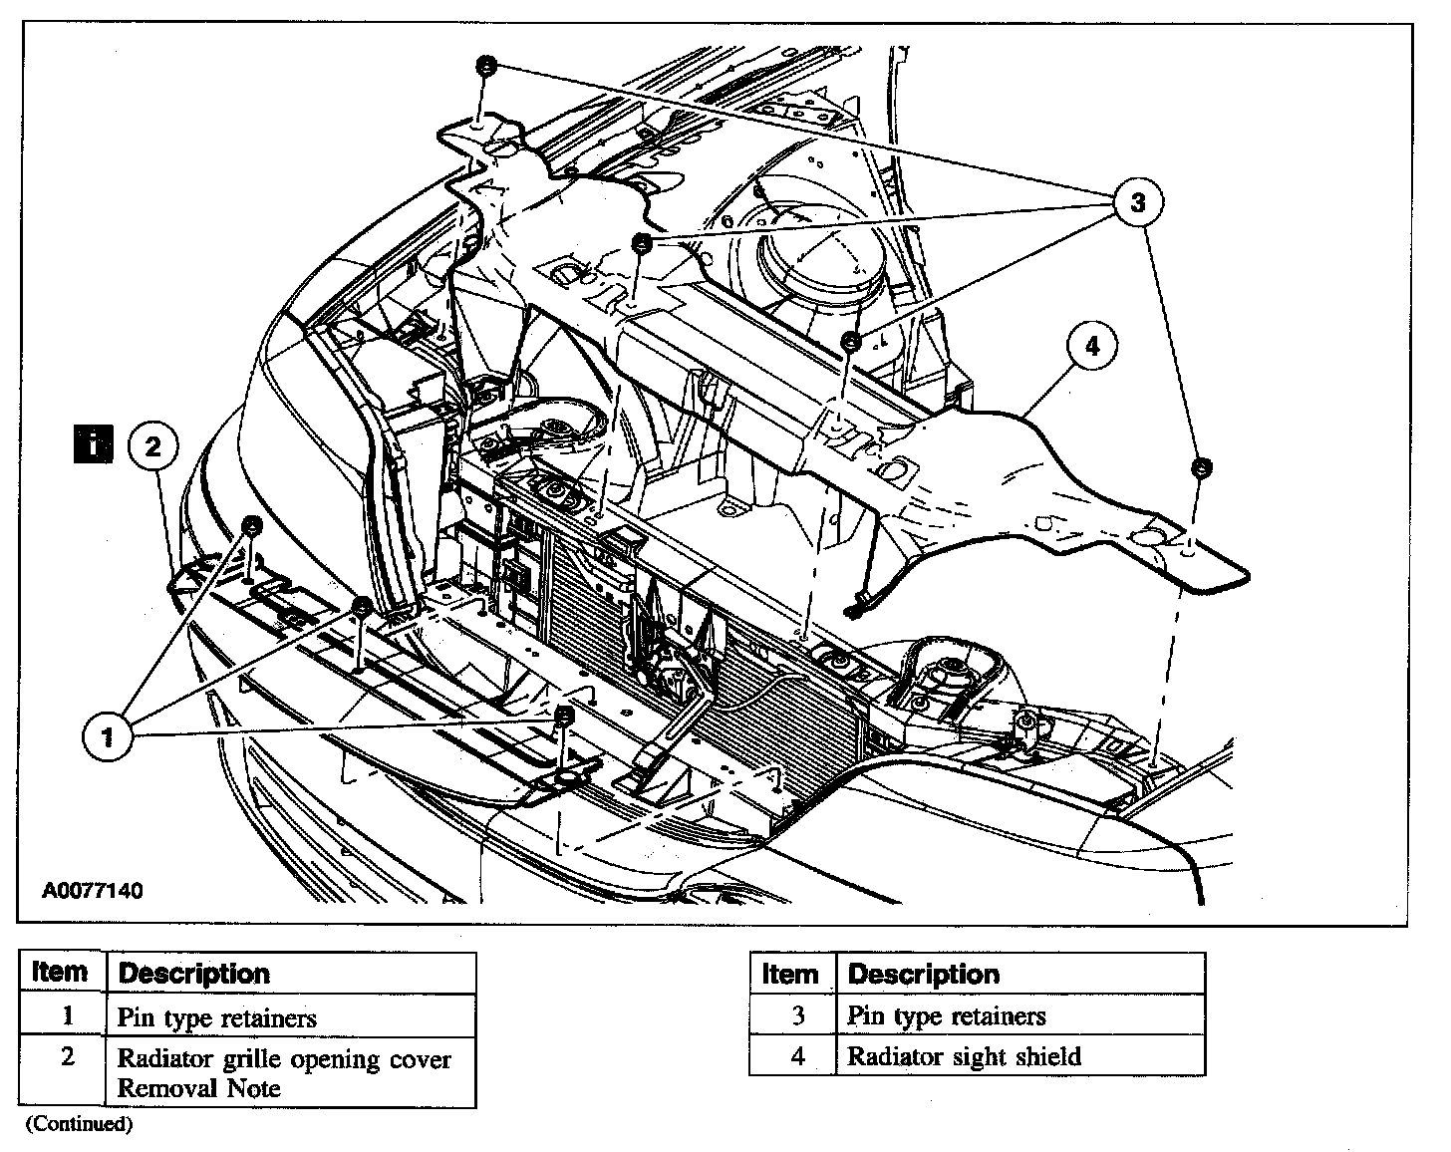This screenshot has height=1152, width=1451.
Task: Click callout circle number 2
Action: click(152, 445)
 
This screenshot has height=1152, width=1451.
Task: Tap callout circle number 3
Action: click(1138, 202)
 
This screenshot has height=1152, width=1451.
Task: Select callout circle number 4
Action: click(1092, 346)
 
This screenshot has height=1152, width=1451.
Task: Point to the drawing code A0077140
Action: click(92, 890)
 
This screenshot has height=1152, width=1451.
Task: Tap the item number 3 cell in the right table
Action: click(797, 1015)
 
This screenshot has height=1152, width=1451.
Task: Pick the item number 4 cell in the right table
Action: click(797, 1056)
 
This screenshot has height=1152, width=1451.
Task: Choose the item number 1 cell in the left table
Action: click(67, 1016)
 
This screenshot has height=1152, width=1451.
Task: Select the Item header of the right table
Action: click(790, 974)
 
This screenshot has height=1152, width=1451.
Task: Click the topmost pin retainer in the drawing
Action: click(485, 65)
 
